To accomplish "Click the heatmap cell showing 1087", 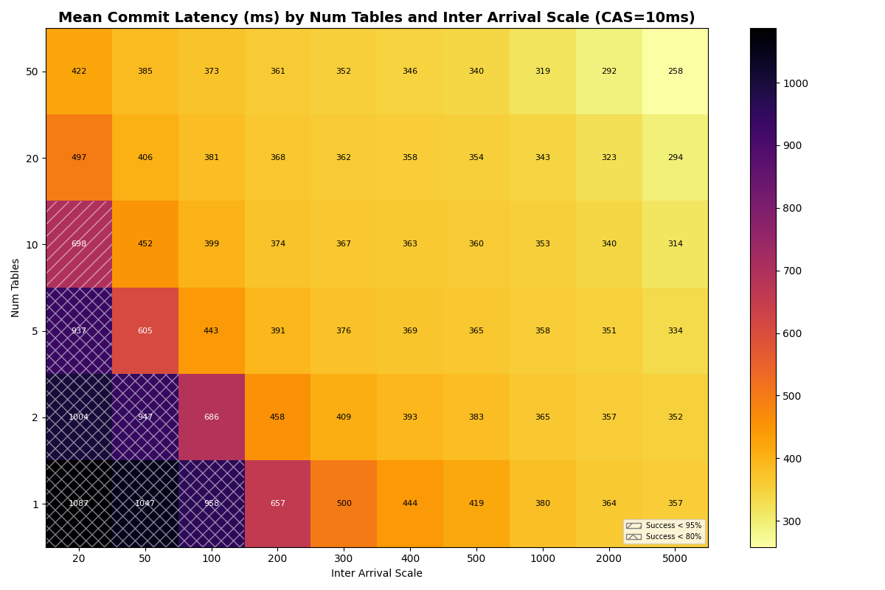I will [79, 504].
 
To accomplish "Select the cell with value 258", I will [675, 72].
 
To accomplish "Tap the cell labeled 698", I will [79, 244].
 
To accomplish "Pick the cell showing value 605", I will [145, 331].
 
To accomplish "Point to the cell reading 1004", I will [79, 417].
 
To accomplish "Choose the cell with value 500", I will [344, 504].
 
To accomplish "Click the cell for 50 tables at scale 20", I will [79, 72].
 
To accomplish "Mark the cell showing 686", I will [211, 417].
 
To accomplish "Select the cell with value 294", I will [675, 158].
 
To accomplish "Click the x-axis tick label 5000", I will [675, 559].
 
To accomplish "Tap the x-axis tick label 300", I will [344, 559].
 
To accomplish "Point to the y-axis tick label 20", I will [32, 158].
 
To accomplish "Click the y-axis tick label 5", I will [35, 331].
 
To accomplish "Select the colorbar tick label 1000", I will [796, 83].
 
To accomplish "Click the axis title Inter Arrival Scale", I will [377, 574].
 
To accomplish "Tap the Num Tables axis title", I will [15, 288].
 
